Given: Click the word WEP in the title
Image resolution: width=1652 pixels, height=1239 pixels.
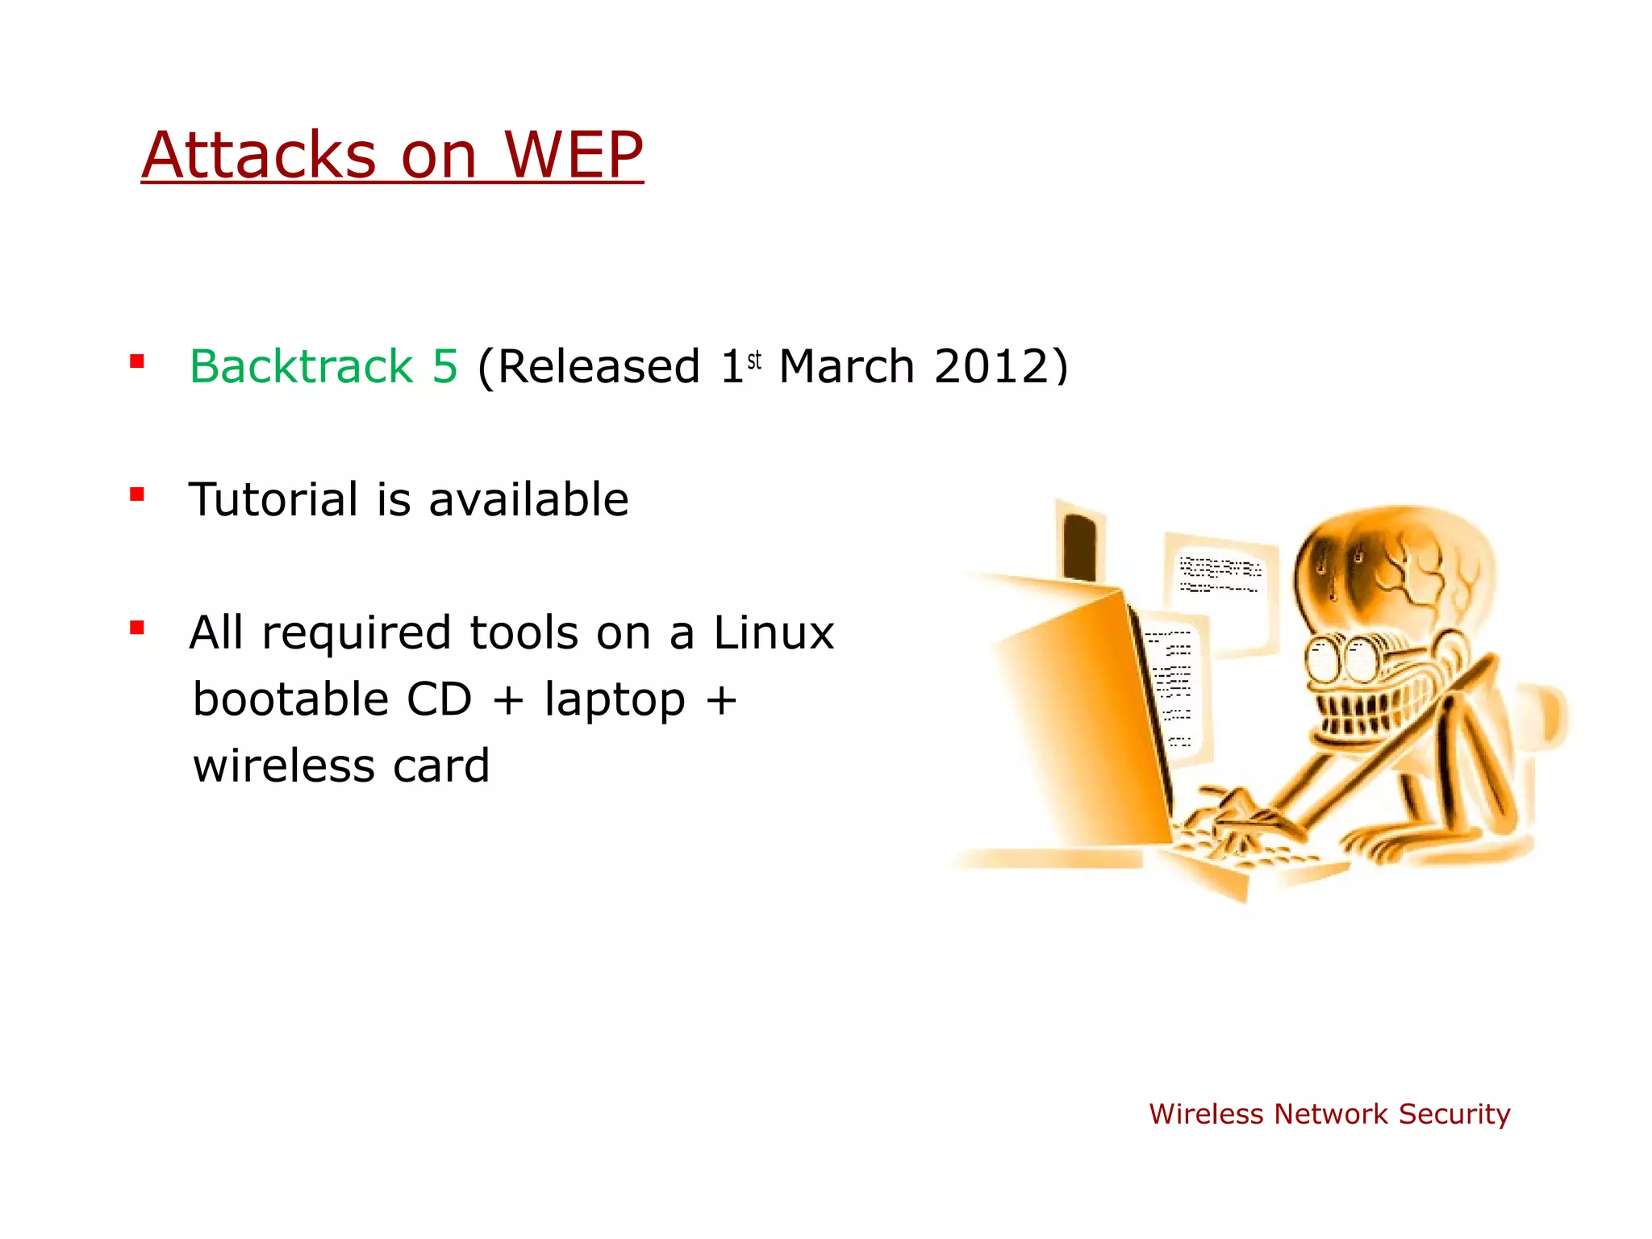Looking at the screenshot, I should (x=574, y=155).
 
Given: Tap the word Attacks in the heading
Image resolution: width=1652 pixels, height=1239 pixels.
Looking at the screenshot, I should (x=259, y=155).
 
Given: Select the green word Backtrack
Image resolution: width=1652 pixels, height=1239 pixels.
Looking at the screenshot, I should (x=301, y=367).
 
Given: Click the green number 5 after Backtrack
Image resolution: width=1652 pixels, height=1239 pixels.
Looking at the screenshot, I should (x=444, y=367).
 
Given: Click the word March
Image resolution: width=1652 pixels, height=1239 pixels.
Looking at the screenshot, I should (x=846, y=367).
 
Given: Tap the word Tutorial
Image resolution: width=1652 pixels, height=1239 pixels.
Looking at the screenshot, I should (x=273, y=499).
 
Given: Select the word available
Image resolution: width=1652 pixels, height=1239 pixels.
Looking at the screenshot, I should (x=528, y=499).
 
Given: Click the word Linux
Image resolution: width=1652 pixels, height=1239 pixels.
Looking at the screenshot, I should (x=774, y=632).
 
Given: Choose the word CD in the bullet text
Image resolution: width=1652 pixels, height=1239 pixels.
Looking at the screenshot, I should (x=439, y=699).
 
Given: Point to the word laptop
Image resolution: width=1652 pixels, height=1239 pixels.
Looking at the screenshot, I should (x=615, y=700).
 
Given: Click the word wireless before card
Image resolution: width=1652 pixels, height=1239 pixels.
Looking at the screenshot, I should (x=284, y=766).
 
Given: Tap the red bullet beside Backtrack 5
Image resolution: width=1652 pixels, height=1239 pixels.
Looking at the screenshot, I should (x=137, y=361).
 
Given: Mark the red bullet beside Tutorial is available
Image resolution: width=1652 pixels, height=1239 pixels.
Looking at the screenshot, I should (x=137, y=494).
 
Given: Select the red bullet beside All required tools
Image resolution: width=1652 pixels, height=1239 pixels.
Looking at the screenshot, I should (x=137, y=627).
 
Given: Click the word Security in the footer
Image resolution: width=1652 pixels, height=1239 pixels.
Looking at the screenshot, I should (x=1454, y=1114).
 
